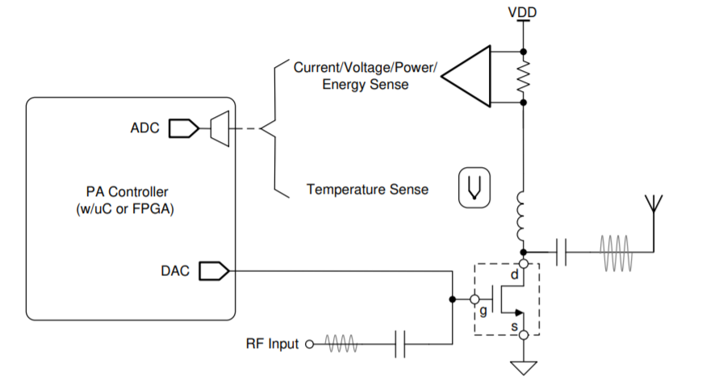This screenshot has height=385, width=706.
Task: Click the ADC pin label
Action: click(145, 128)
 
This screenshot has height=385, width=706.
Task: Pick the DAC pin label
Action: click(175, 270)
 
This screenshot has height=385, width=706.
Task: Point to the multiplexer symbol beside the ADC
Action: click(219, 128)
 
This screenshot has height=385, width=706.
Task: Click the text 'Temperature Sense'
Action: click(367, 190)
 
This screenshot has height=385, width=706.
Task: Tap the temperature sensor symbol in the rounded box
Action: click(474, 189)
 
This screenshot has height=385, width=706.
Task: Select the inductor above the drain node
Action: click(523, 211)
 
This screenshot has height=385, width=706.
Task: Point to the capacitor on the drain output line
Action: click(562, 252)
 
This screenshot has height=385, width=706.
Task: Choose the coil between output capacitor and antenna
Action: click(616, 252)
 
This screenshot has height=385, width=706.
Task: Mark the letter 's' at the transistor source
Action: click(513, 326)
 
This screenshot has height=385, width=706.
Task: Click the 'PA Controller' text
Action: click(127, 192)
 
